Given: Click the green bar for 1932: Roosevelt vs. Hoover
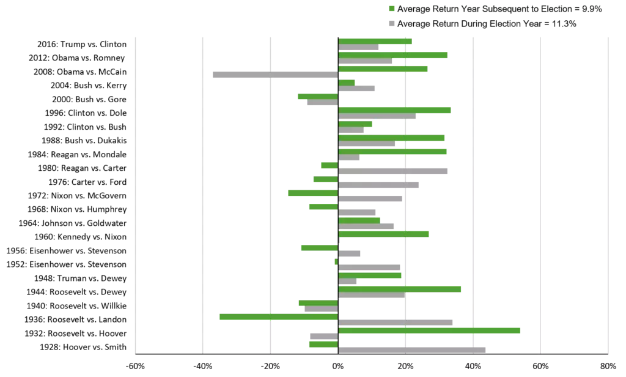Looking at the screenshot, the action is pyautogui.click(x=429, y=330).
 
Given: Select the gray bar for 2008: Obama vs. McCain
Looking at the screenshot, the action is pyautogui.click(x=276, y=75).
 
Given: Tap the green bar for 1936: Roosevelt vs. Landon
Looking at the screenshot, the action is pyautogui.click(x=279, y=317).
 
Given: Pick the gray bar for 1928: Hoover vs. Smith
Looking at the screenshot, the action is pyautogui.click(x=411, y=350).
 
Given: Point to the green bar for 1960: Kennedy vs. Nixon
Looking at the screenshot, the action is pyautogui.click(x=383, y=234).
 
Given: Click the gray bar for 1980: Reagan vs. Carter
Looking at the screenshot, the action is pyautogui.click(x=392, y=171).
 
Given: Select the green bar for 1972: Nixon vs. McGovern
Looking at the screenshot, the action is pyautogui.click(x=313, y=193).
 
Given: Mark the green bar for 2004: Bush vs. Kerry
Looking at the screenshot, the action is pyautogui.click(x=346, y=83).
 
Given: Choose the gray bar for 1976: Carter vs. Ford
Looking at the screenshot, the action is pyautogui.click(x=378, y=185).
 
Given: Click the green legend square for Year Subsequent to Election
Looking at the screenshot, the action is pyautogui.click(x=392, y=9).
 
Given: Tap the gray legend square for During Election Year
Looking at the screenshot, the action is pyautogui.click(x=392, y=24).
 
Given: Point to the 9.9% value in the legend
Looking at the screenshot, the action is pyautogui.click(x=592, y=9).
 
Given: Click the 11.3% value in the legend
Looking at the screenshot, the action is pyautogui.click(x=564, y=24).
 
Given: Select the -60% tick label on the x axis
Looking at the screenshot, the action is pyautogui.click(x=135, y=366).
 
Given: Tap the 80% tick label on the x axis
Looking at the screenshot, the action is pyautogui.click(x=608, y=366).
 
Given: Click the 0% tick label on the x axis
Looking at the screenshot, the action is pyautogui.click(x=337, y=366).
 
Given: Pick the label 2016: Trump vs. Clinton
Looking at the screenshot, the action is pyautogui.click(x=82, y=45).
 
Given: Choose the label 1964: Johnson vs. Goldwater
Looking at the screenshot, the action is pyautogui.click(x=72, y=223).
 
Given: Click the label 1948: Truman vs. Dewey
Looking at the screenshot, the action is pyautogui.click(x=80, y=278).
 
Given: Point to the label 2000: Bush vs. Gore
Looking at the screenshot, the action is pyautogui.click(x=89, y=99).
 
